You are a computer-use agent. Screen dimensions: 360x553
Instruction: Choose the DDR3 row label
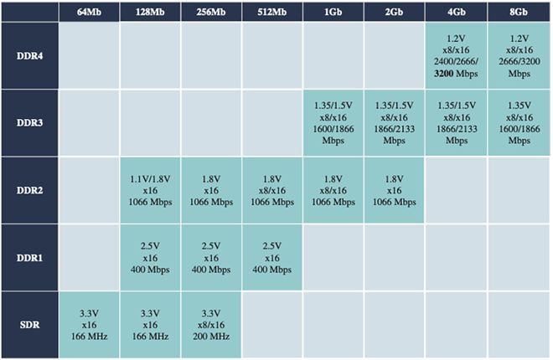pyautogui.click(x=28, y=122)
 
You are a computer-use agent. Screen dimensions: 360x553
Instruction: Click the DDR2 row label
pyautogui.click(x=28, y=190)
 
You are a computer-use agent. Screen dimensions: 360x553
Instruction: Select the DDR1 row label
pyautogui.click(x=28, y=257)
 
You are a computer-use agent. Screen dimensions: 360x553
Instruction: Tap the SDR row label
pyautogui.click(x=28, y=324)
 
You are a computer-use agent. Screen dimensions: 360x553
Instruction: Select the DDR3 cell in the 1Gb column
pyautogui.click(x=333, y=122)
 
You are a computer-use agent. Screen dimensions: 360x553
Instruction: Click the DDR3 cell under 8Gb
pyautogui.click(x=519, y=122)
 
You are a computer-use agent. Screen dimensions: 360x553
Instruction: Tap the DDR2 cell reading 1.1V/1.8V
pyautogui.click(x=150, y=190)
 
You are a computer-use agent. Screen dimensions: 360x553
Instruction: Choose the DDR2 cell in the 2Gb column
pyautogui.click(x=394, y=190)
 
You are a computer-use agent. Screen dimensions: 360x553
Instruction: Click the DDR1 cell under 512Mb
pyautogui.click(x=271, y=257)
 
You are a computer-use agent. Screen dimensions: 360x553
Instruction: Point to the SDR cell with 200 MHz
pyautogui.click(x=210, y=324)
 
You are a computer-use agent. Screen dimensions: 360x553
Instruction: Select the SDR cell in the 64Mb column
pyautogui.click(x=89, y=324)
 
